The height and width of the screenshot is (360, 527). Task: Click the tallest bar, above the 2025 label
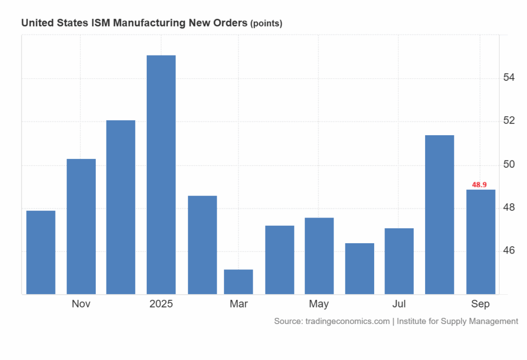coord(161,175)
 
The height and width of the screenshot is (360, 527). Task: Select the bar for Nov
coord(81,226)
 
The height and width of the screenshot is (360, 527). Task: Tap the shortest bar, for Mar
coord(238,282)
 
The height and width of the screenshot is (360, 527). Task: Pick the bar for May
coord(319,256)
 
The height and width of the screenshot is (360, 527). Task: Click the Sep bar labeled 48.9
coord(481,242)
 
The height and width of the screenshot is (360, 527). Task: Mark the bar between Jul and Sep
coord(440,214)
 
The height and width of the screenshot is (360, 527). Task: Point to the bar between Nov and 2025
coord(121,207)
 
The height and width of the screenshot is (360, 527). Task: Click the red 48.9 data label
coord(480,185)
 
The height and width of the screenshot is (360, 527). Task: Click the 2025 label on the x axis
coord(161,304)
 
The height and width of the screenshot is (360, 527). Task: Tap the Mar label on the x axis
coord(238,304)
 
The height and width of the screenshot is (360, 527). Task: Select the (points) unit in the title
coord(266,24)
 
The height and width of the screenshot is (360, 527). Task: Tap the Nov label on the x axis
coord(81,304)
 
